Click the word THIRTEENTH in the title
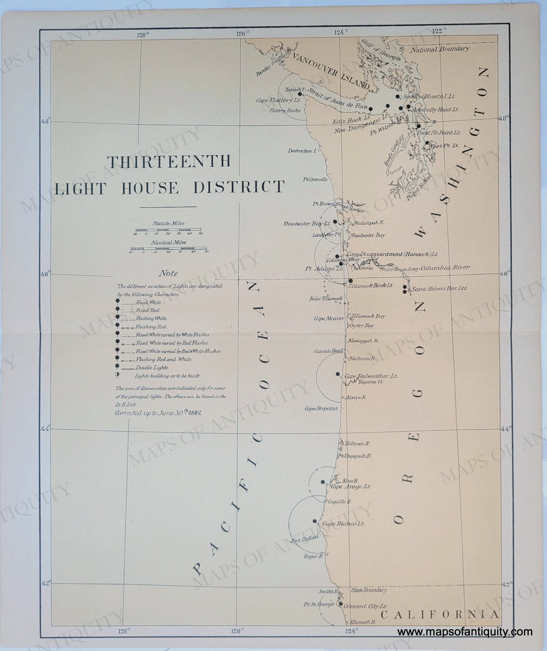point(169,162)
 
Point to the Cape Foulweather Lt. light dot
point(338,374)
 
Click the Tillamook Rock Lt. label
point(374,285)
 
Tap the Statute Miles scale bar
point(168,230)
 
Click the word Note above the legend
point(168,273)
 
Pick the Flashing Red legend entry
point(146,327)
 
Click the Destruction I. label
point(302,151)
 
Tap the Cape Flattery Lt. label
point(278,101)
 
